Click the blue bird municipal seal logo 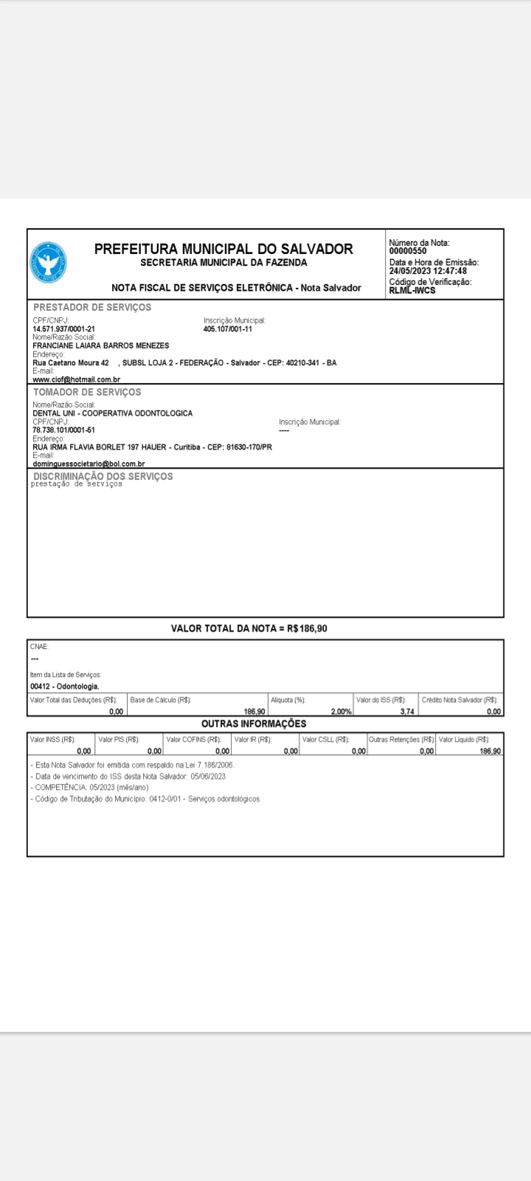point(49,264)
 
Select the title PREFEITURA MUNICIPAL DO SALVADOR point(223,249)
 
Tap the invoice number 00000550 point(408,251)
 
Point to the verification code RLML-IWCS point(412,290)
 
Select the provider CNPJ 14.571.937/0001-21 point(64,329)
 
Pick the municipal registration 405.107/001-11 point(228,329)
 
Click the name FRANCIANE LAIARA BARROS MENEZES point(101,345)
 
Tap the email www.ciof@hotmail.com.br point(77,379)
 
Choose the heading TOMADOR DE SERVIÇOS point(87,392)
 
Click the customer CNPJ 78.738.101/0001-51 point(63,430)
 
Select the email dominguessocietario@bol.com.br point(88,464)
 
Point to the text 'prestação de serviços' point(76,484)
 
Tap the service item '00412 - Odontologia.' point(65,686)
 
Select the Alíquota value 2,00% point(341,712)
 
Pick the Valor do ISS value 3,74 point(407,712)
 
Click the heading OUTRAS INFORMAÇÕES point(254,723)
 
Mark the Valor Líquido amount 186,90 point(490,751)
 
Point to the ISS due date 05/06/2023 point(208,777)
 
